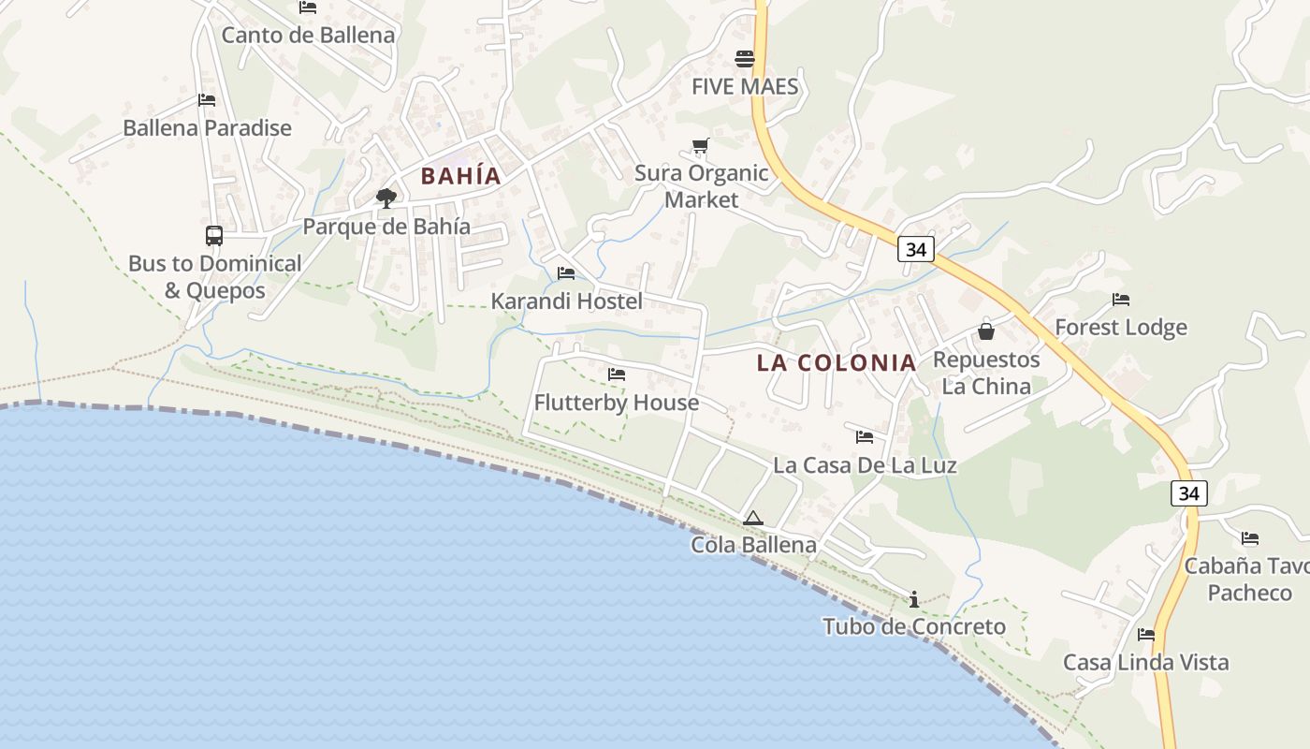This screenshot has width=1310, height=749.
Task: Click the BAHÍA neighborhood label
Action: [x=460, y=176]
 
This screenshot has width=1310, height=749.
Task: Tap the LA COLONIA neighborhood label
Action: [x=836, y=363]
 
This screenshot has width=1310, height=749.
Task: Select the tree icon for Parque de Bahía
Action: [x=386, y=198]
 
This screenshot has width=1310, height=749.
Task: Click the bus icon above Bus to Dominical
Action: [x=214, y=236]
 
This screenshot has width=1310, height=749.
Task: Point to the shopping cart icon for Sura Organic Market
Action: [x=700, y=146]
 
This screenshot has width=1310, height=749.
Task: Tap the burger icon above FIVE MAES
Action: [x=745, y=59]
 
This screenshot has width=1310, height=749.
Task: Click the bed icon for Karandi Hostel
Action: [x=566, y=273]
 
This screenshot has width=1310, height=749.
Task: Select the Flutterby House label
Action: [x=616, y=403]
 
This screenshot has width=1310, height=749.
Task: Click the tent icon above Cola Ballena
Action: [x=753, y=518]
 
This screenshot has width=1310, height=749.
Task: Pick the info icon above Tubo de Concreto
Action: [x=914, y=599]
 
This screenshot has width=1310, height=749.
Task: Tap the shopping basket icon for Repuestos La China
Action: [x=986, y=331]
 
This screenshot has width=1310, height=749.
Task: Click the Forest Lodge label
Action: [x=1121, y=328]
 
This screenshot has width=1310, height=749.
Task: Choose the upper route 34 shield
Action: [x=915, y=249]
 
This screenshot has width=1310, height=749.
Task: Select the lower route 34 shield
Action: [x=1188, y=492]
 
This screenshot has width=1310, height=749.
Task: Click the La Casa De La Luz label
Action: [x=865, y=465]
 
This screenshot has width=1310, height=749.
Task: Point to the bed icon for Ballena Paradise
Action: [x=207, y=100]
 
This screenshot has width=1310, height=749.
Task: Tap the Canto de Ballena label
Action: [x=308, y=36]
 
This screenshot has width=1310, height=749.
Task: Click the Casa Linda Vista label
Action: [x=1145, y=663]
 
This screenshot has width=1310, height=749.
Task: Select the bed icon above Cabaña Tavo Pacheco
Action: [x=1250, y=538]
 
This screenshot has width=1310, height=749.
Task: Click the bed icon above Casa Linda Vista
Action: [x=1146, y=635]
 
